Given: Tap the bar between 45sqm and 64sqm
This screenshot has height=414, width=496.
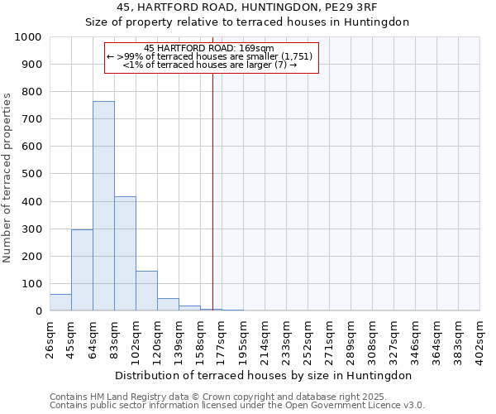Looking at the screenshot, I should point(82,270).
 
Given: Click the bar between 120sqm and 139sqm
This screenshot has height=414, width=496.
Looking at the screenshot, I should point(168,304).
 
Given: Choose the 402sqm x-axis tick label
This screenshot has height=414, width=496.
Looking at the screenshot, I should point(479,338).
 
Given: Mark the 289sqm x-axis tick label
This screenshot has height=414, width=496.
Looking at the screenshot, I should point(351,338).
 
